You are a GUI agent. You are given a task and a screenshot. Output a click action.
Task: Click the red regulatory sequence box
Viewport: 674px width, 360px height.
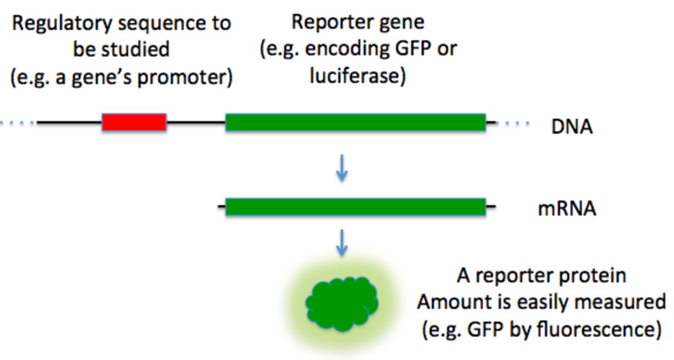(x=134, y=122)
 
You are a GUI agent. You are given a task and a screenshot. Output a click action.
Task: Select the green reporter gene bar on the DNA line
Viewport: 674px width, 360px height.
(x=355, y=122)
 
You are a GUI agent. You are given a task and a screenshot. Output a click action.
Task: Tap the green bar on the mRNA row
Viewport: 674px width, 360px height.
(x=355, y=207)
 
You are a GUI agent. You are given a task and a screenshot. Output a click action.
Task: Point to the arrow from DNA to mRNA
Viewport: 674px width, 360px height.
(x=342, y=169)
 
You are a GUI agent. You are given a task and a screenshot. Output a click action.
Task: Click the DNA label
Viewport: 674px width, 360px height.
(x=571, y=127)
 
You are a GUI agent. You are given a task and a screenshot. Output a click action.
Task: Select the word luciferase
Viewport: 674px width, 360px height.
(x=358, y=77)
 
